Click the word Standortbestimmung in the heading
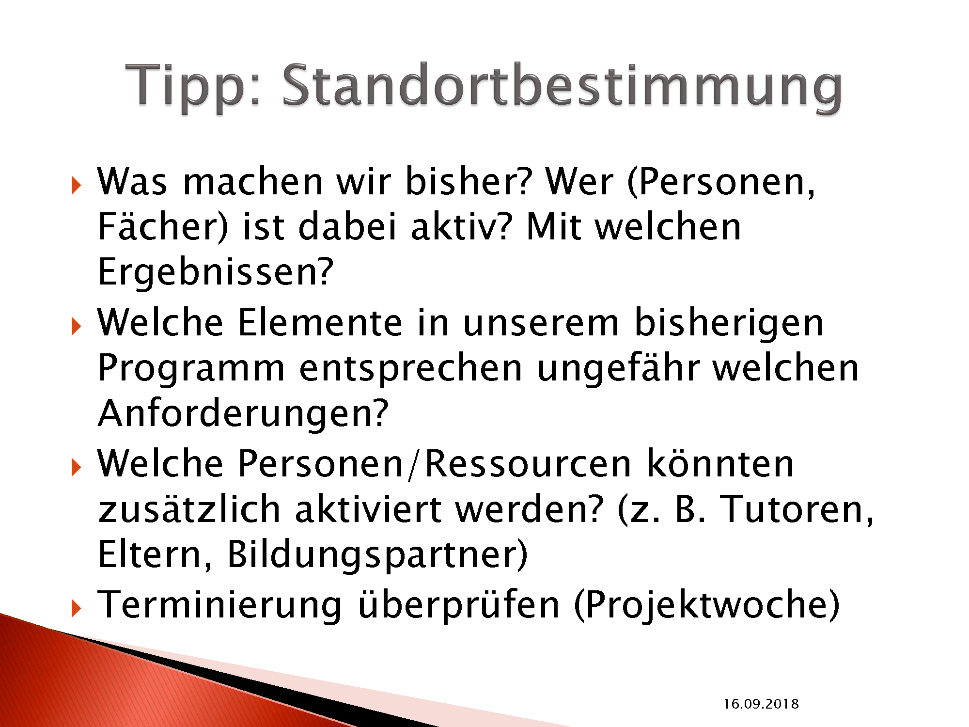562,86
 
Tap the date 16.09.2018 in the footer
761,704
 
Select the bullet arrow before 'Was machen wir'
76,185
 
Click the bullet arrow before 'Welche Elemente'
76,326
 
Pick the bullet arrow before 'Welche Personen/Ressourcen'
76,467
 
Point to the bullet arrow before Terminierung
76,608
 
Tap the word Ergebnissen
216,271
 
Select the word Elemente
320,323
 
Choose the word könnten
720,464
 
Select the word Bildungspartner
377,554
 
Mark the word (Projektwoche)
707,604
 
